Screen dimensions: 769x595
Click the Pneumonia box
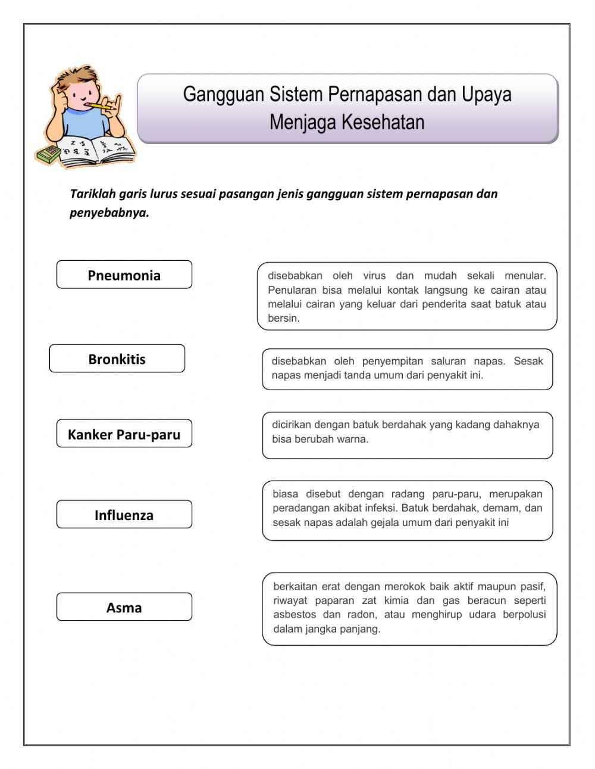124,275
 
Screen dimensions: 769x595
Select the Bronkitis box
117,359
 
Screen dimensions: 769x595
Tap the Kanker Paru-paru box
124,434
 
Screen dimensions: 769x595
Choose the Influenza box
124,515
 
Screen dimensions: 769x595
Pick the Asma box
124,608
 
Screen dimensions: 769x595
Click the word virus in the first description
374,276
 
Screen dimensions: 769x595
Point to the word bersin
283,319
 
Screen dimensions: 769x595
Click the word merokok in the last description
405,586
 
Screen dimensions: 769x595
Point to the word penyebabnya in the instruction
109,213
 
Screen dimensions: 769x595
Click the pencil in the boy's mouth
95,106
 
